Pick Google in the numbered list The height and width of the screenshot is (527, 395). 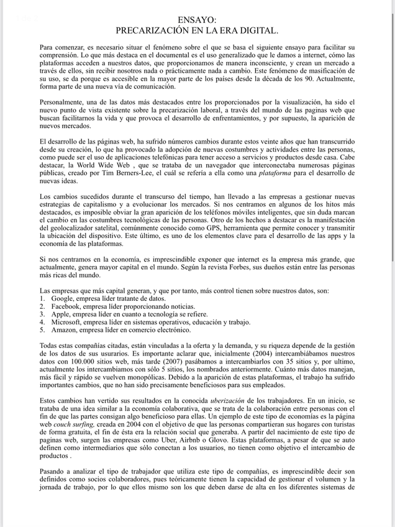pyautogui.click(x=65, y=298)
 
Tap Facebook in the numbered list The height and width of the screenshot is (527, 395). pyautogui.click(x=68, y=306)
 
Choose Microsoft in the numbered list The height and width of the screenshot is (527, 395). pyautogui.click(x=70, y=322)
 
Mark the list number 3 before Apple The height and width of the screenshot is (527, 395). pyautogui.click(x=41, y=314)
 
